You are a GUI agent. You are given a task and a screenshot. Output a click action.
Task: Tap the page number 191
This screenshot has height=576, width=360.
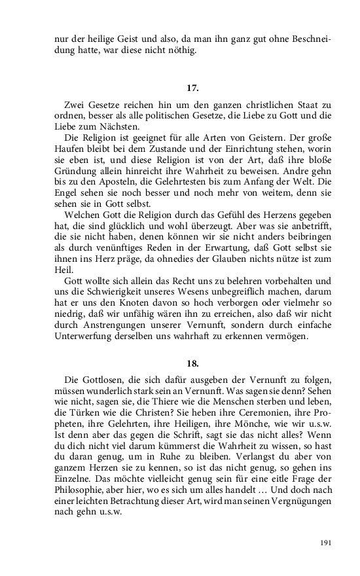coord(328,543)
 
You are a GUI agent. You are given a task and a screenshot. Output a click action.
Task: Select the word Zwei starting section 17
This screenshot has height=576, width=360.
coord(77,106)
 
